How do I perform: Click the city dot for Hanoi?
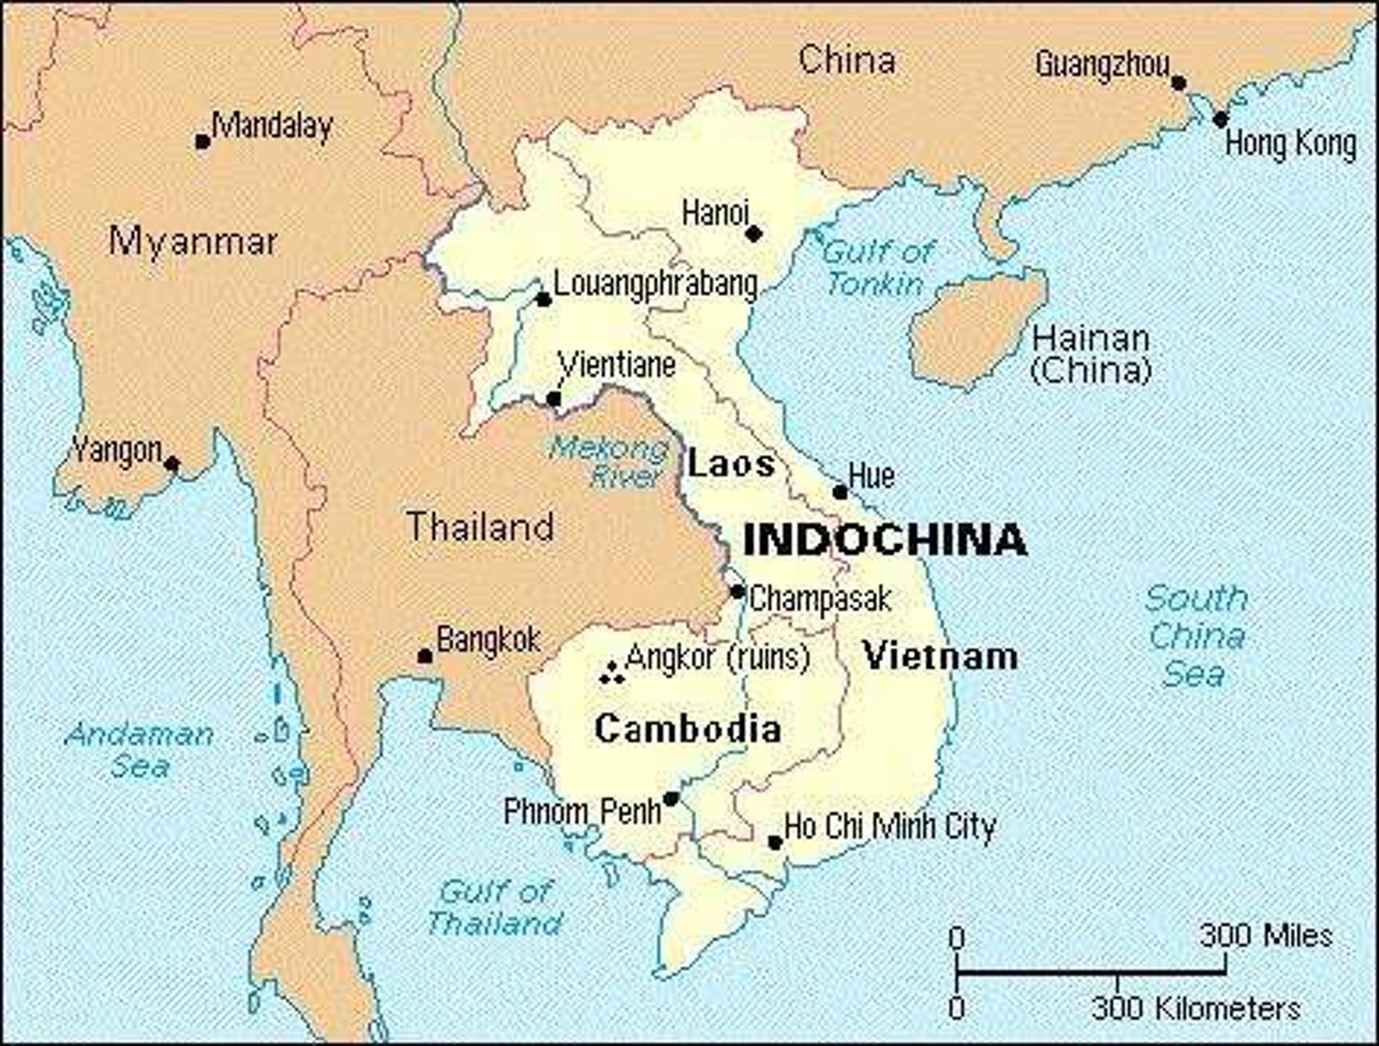tap(754, 233)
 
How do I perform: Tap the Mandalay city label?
tap(273, 126)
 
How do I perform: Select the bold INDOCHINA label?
tap(885, 540)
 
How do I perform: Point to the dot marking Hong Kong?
tap(1220, 120)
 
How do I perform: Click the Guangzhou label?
tap(1102, 65)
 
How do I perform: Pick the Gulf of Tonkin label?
tap(876, 268)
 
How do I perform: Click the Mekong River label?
tap(609, 461)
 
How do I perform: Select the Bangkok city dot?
tap(424, 656)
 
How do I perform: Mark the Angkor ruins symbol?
tap(611, 673)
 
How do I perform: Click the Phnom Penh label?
tap(582, 811)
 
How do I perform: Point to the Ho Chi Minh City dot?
tap(775, 843)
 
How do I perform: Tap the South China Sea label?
tap(1196, 636)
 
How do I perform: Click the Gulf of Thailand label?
tap(495, 907)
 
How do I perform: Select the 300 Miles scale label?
tap(1266, 935)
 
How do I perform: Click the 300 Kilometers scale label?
tap(1196, 1008)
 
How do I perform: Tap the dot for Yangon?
tap(172, 465)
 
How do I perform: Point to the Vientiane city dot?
tap(554, 398)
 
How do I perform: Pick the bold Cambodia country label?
tap(688, 729)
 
